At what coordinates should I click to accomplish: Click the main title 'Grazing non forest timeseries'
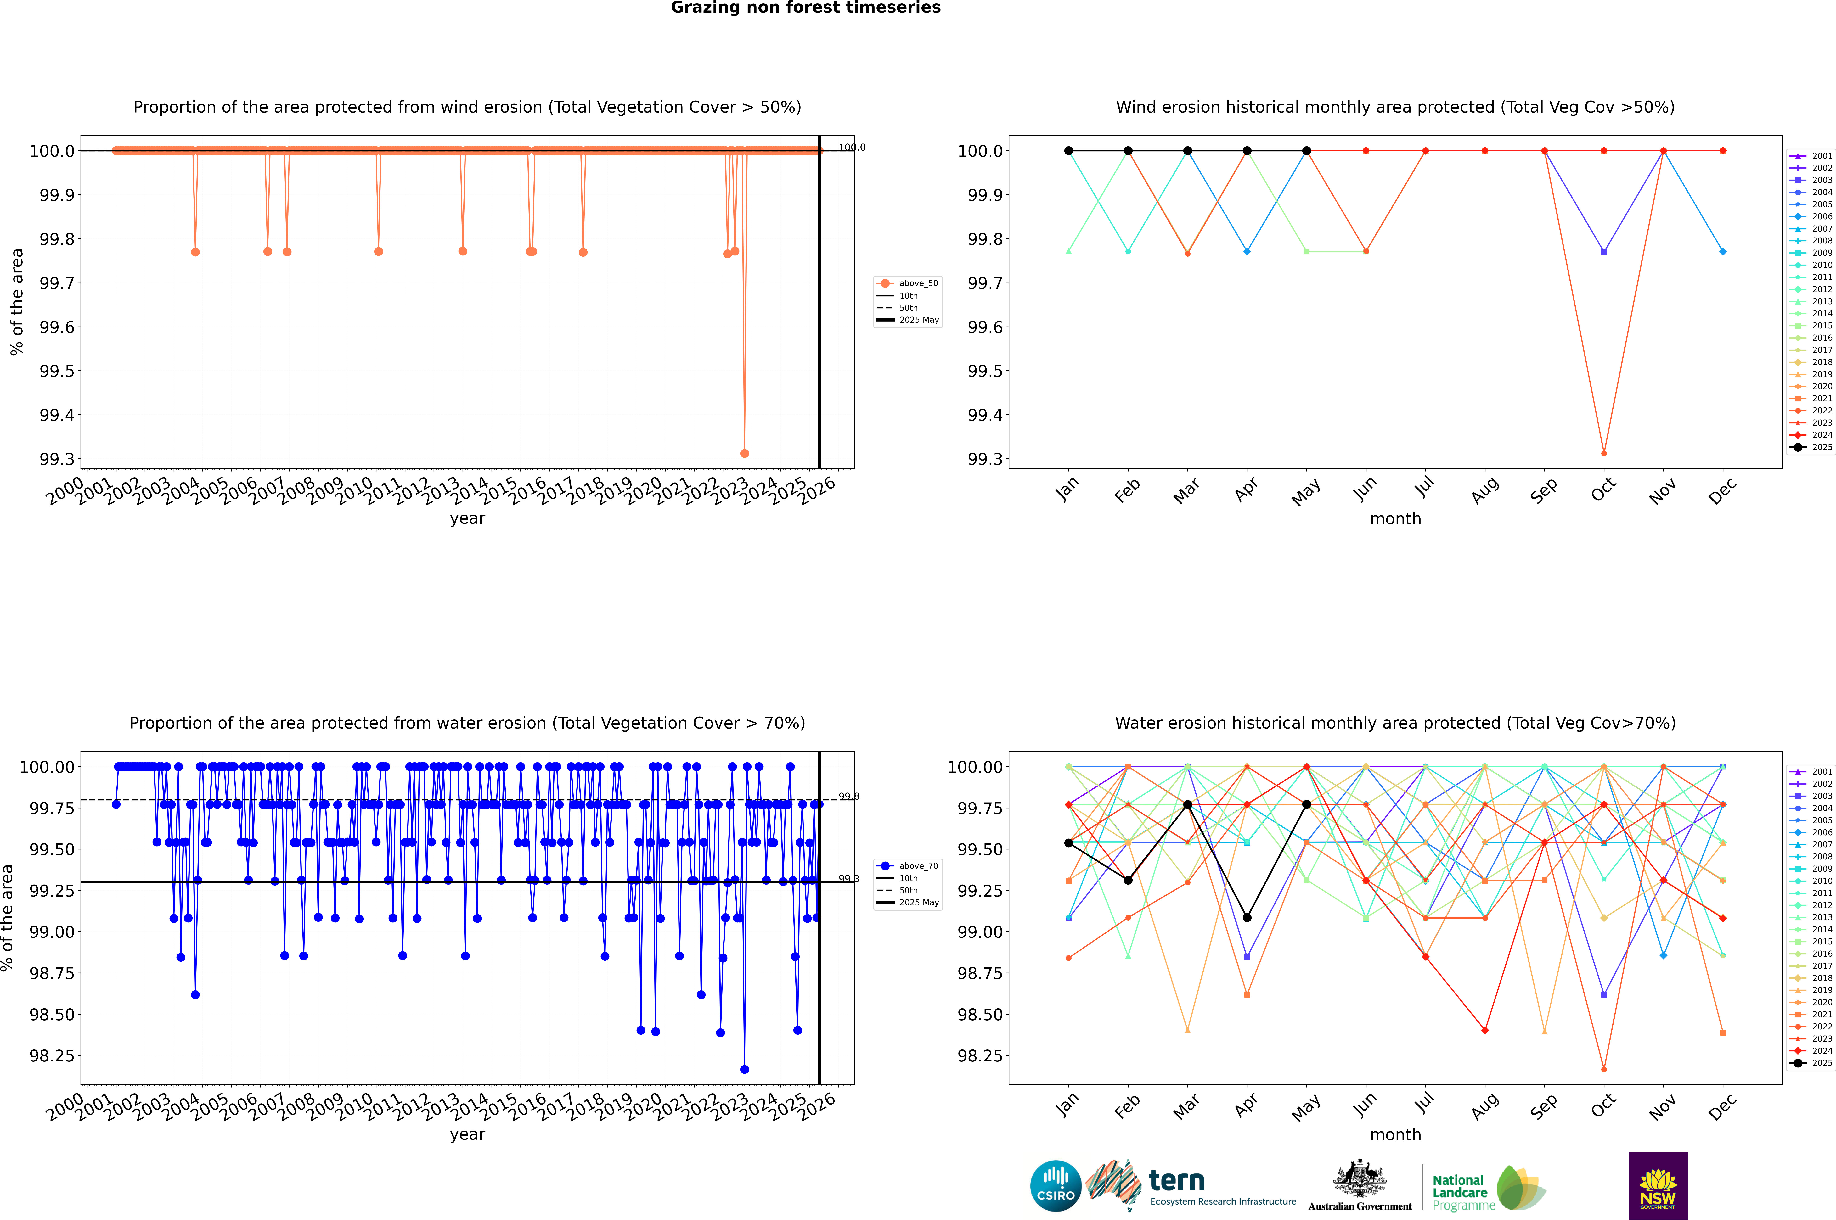[x=806, y=8]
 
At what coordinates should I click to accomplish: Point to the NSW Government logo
[x=1658, y=1186]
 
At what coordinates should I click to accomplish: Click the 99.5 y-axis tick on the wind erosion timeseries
[x=58, y=371]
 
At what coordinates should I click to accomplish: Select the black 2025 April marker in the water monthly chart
[x=1247, y=918]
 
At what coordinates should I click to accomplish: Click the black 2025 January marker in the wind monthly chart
[x=1069, y=151]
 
